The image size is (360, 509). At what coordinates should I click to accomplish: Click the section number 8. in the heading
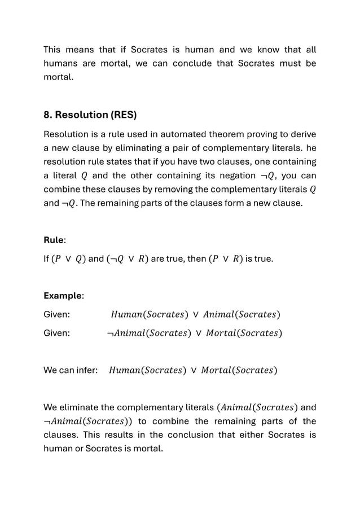click(x=49, y=115)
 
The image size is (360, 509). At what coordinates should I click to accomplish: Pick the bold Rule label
click(x=54, y=240)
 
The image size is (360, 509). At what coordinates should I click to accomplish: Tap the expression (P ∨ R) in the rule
click(x=226, y=260)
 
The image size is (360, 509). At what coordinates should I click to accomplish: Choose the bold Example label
click(x=63, y=296)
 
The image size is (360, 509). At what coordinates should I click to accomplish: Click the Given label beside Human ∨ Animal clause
click(x=57, y=314)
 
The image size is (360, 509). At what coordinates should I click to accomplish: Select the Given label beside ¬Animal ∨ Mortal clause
click(x=57, y=333)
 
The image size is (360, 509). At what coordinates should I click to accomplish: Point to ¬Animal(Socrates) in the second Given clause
click(x=147, y=333)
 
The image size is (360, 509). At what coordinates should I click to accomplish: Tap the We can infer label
click(x=71, y=371)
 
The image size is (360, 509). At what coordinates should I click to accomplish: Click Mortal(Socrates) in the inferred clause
click(x=238, y=371)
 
